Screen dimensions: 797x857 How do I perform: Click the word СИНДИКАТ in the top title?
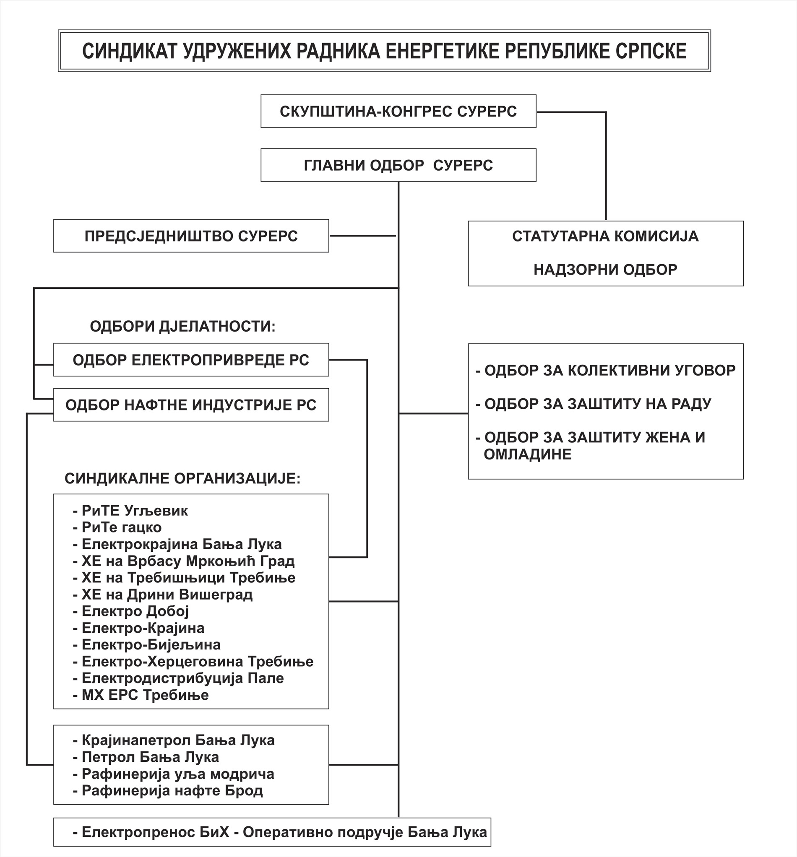point(130,51)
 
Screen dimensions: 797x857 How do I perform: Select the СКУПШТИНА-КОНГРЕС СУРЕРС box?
point(398,111)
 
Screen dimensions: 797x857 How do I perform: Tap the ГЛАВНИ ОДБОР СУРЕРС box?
point(398,165)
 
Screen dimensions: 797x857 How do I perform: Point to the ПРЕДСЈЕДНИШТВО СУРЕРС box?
point(191,236)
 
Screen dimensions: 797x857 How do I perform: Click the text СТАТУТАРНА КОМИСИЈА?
point(606,236)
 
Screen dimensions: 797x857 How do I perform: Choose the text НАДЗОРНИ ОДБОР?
point(606,270)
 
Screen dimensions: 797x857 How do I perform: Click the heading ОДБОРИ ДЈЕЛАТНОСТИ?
point(182,326)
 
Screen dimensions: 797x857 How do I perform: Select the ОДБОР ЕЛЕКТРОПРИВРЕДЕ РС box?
point(191,360)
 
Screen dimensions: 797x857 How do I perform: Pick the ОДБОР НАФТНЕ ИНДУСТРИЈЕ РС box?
point(191,405)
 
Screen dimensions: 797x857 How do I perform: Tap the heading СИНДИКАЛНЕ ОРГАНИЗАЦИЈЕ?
point(182,478)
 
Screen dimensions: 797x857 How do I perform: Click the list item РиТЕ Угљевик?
point(130,511)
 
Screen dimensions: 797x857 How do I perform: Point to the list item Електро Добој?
point(131,611)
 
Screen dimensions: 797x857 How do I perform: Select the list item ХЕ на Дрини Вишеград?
point(163,595)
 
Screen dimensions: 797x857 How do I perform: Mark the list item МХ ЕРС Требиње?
point(141,695)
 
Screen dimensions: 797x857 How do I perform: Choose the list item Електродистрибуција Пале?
point(178,678)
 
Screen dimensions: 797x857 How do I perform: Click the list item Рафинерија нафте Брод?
point(168,791)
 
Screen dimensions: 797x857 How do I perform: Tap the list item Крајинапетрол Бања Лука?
point(173,740)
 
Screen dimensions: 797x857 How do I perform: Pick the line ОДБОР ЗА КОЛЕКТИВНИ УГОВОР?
point(606,370)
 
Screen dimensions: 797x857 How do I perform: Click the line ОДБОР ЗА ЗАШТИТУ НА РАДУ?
point(594,404)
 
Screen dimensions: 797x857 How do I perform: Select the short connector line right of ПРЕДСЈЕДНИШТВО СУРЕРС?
point(363,236)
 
